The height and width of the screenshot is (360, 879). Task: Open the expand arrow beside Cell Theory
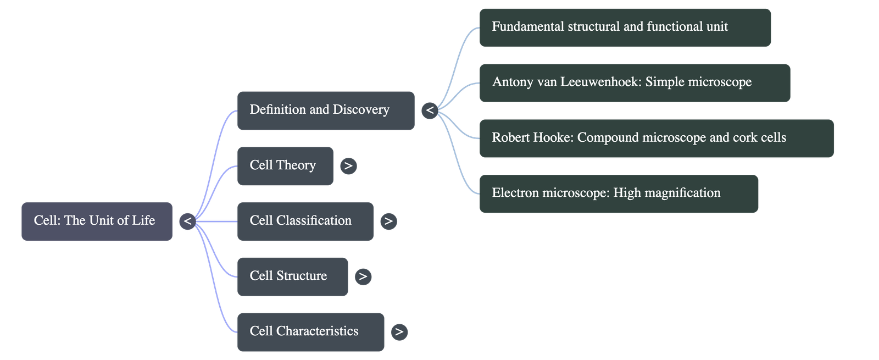click(x=348, y=165)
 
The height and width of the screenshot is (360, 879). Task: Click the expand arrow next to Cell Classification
click(x=388, y=221)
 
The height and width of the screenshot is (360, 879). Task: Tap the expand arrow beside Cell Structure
click(x=363, y=276)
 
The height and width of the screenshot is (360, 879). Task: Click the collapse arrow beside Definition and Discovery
click(x=430, y=110)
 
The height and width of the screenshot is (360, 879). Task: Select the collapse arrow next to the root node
click(x=187, y=221)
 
